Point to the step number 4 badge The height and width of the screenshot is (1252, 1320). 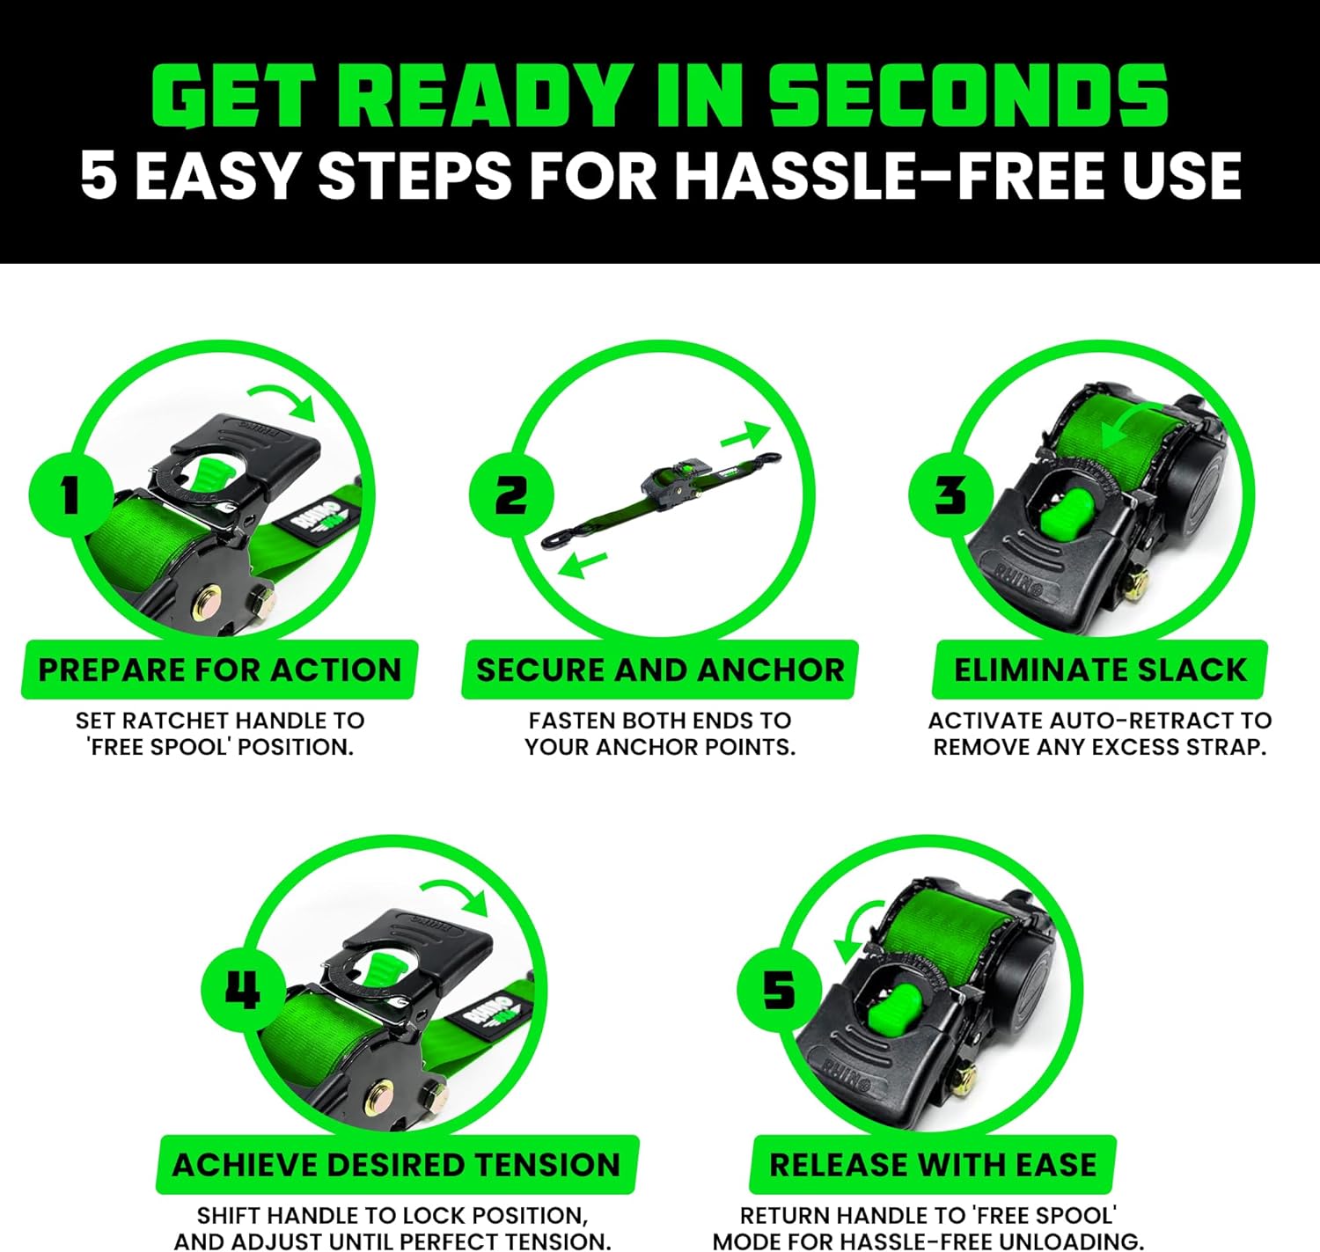coord(243,989)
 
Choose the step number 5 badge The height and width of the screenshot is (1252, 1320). coord(779,989)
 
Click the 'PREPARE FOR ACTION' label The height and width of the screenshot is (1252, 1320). coord(219,670)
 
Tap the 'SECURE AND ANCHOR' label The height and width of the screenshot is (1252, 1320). coord(659,670)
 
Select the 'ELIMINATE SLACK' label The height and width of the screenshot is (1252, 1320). coord(1099,670)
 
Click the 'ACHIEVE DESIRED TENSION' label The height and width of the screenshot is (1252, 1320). coord(397,1164)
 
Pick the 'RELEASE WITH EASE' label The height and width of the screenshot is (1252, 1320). coord(933,1164)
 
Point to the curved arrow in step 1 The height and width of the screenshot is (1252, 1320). coord(283,399)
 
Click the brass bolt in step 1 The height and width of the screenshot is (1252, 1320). coord(211,604)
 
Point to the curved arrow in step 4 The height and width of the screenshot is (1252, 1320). coord(455,894)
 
